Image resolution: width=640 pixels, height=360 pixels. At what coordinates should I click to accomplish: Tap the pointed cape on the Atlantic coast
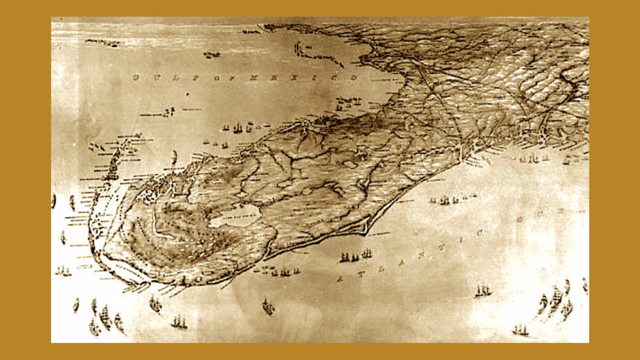[367, 230]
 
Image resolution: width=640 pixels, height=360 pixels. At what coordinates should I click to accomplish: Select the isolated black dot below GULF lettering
[187, 94]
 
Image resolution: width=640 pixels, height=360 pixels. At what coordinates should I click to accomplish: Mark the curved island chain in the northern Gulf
[317, 55]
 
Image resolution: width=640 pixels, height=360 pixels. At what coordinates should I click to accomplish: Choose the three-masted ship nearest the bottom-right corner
[520, 330]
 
